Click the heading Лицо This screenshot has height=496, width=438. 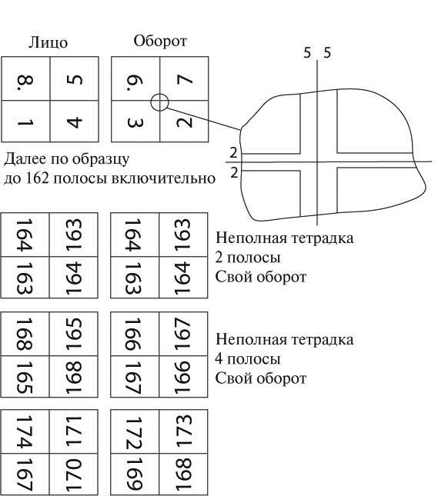48,42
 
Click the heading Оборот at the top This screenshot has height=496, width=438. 160,41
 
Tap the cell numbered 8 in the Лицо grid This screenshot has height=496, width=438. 25,78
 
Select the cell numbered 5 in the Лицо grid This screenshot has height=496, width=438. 75,78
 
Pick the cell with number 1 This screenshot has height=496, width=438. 25,122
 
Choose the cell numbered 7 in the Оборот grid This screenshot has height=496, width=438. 184,78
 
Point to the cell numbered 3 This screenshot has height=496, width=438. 135,122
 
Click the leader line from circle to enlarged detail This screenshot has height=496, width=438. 204,119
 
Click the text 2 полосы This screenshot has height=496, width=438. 248,258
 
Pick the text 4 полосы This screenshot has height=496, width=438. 248,359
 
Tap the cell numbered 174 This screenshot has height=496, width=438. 25,431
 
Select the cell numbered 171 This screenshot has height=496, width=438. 73,431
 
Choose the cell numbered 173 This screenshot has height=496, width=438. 183,431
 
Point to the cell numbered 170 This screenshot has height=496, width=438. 73,474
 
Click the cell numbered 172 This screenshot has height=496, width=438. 135,431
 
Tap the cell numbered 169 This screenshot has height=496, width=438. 135,474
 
